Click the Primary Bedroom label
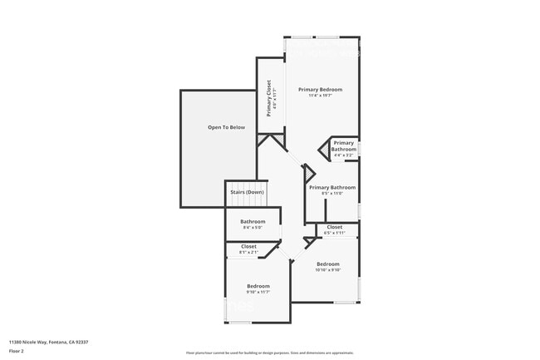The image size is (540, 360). [x=320, y=89]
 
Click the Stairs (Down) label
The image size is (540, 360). [x=247, y=192]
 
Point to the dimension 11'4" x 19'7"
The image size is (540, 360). [x=320, y=96]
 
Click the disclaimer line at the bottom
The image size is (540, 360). [x=270, y=353]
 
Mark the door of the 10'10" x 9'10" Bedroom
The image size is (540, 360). [x=310, y=242]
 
